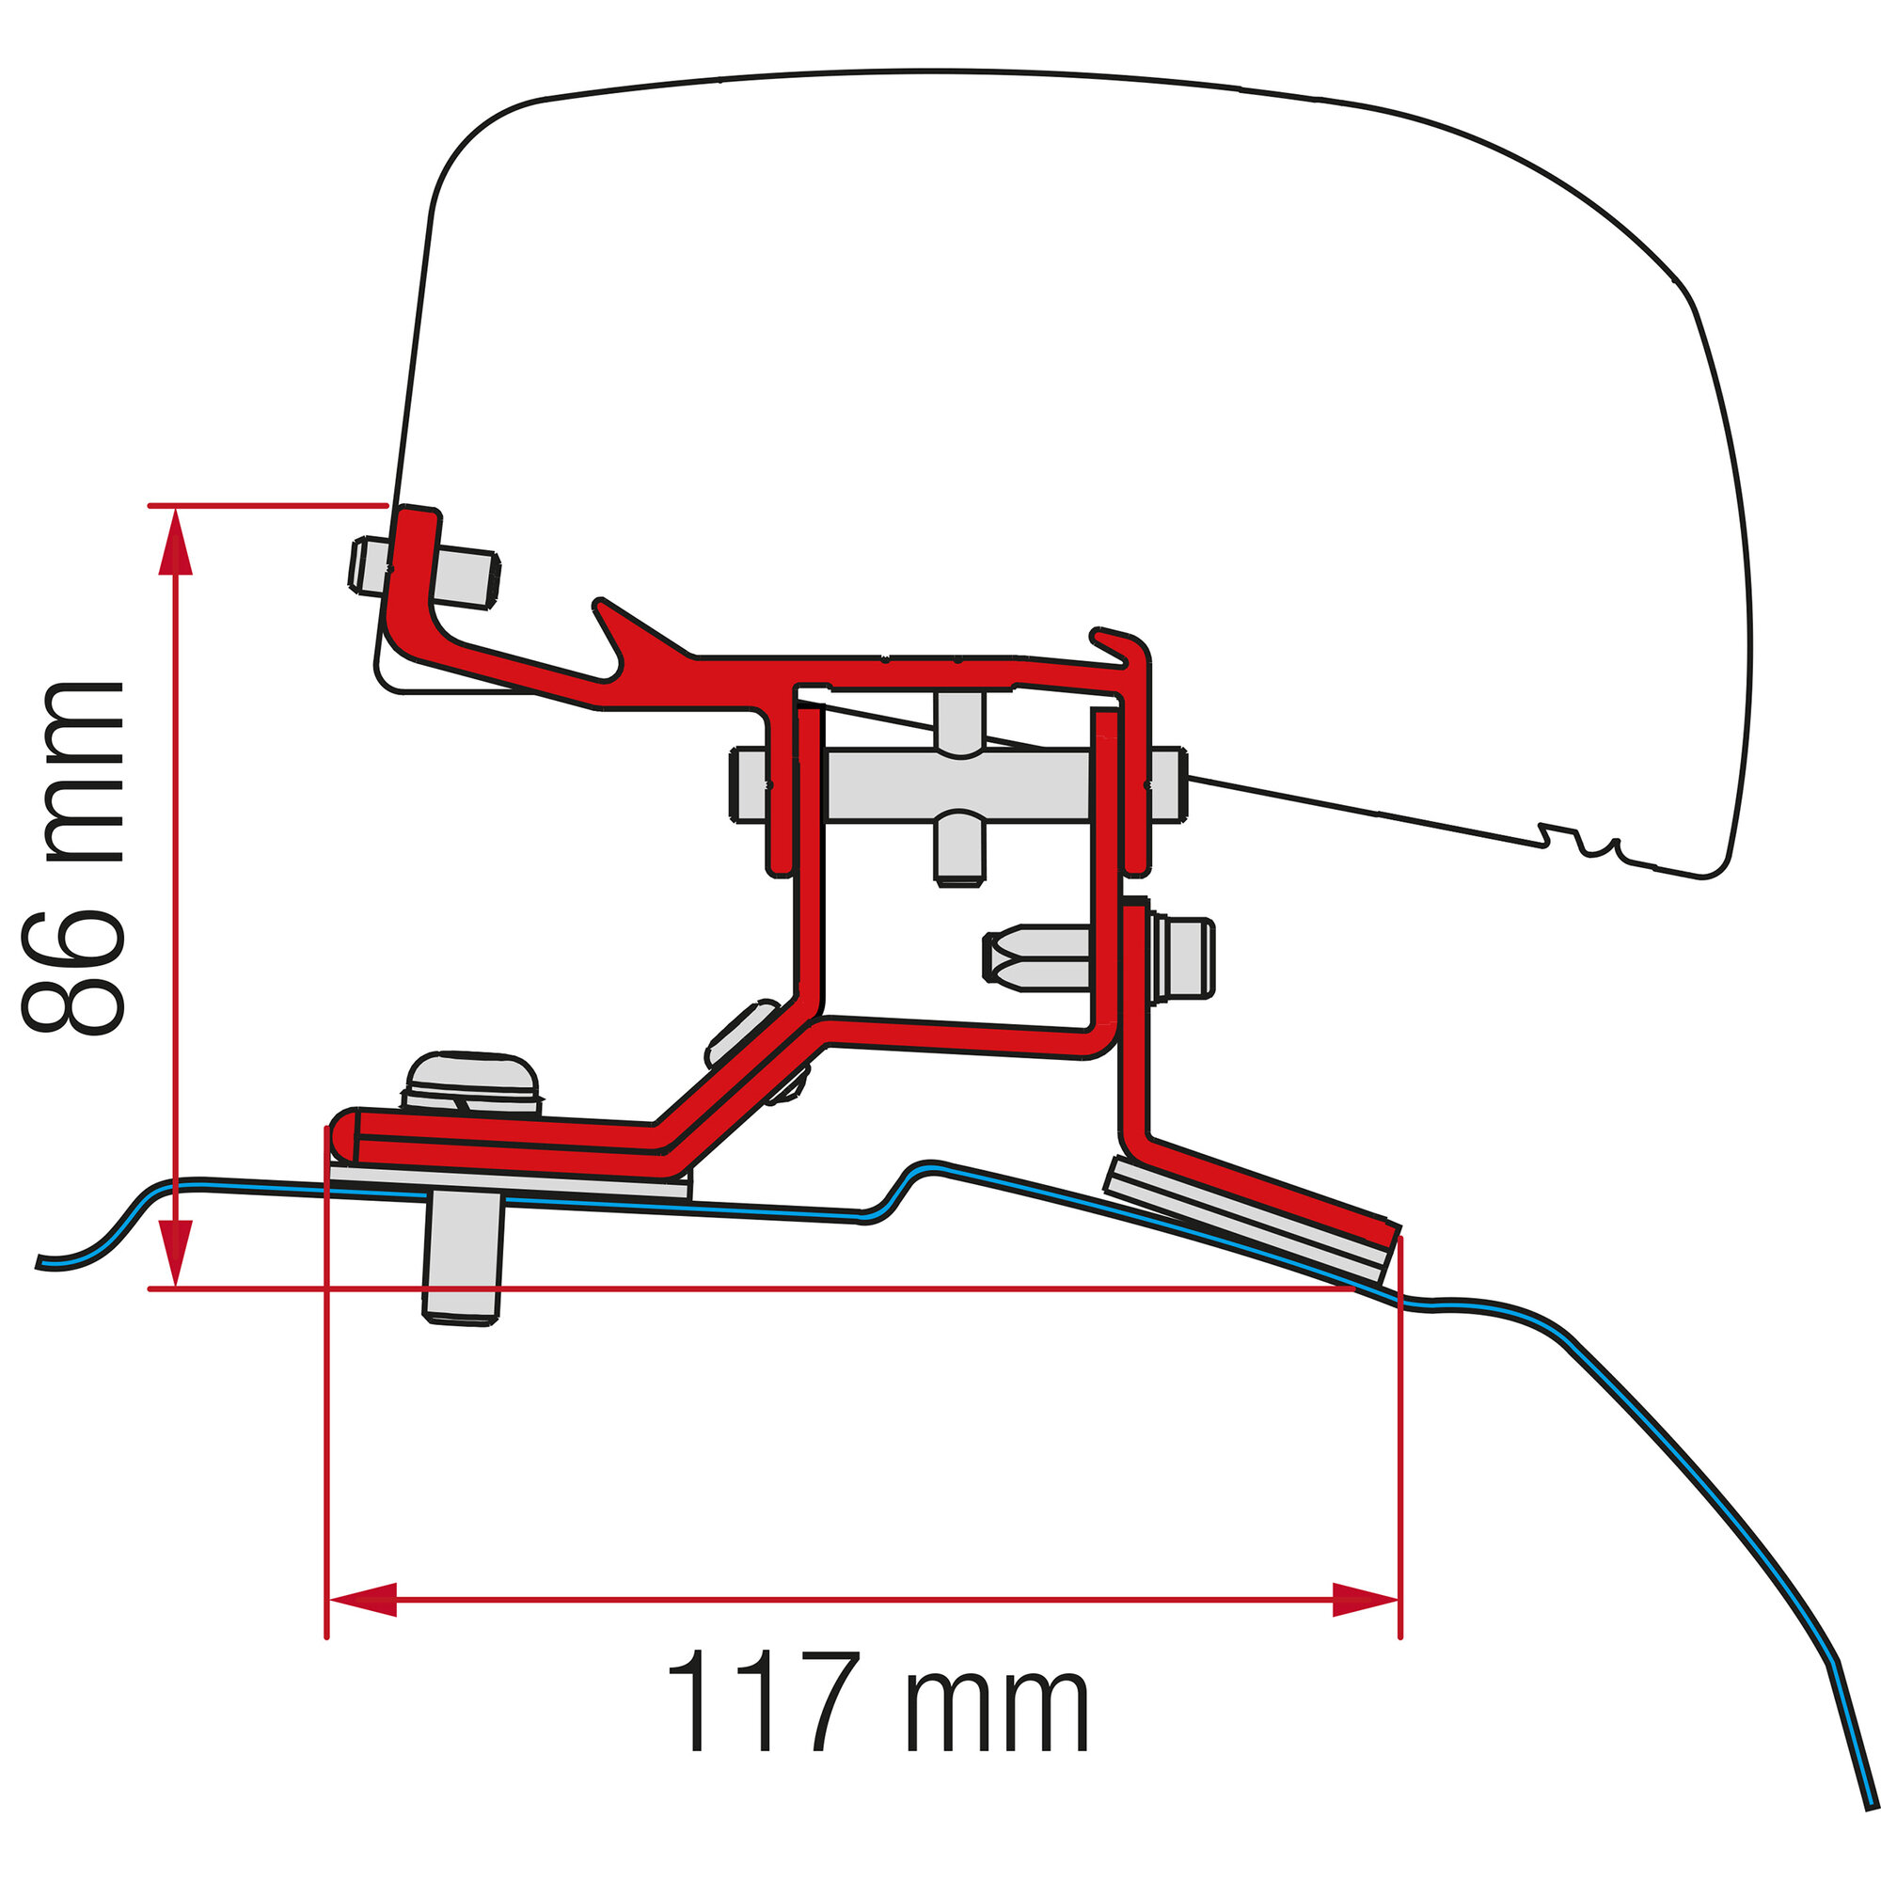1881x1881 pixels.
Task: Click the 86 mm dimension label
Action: [73, 857]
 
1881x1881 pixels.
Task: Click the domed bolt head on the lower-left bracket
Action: [473, 1081]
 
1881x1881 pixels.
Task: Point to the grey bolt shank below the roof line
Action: [463, 1261]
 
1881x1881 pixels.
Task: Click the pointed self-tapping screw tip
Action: [1003, 959]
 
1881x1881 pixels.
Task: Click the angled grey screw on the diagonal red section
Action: [745, 1032]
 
